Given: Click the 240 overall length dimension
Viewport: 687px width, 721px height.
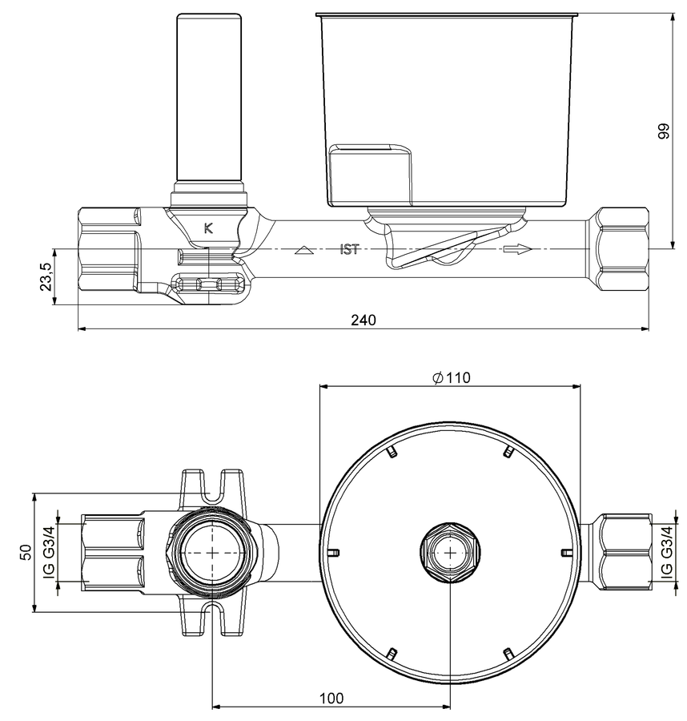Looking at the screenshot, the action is click(363, 320).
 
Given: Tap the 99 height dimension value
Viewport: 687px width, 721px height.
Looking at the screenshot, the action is click(664, 131).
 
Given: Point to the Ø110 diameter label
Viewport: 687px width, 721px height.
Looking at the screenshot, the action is click(452, 377).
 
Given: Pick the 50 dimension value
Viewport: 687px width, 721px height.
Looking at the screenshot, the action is click(26, 552).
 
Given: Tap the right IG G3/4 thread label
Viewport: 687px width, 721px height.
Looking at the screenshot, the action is click(667, 552).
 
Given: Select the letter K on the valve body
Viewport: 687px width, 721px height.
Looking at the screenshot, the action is click(208, 228).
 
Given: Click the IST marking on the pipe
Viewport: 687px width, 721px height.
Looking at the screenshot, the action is click(349, 250).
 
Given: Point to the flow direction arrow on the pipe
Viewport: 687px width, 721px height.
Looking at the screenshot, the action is click(517, 249).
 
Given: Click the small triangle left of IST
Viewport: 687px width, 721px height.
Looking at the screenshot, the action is click(303, 251).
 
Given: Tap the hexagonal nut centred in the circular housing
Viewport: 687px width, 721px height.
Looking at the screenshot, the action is click(450, 552).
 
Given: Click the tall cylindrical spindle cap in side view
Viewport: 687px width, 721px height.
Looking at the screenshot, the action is click(209, 98).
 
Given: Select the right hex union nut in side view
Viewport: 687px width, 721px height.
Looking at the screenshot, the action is click(619, 249).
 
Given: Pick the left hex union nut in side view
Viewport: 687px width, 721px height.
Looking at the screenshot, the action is click(108, 249).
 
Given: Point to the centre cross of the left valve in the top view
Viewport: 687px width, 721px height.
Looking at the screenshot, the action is click(212, 552).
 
